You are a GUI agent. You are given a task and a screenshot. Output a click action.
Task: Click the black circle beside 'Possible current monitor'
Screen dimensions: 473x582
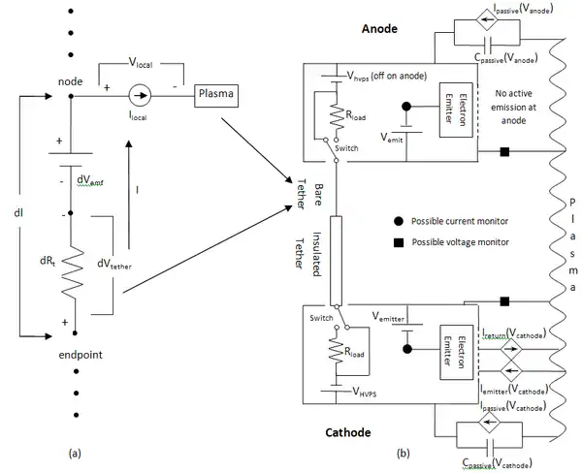tap(398, 222)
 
